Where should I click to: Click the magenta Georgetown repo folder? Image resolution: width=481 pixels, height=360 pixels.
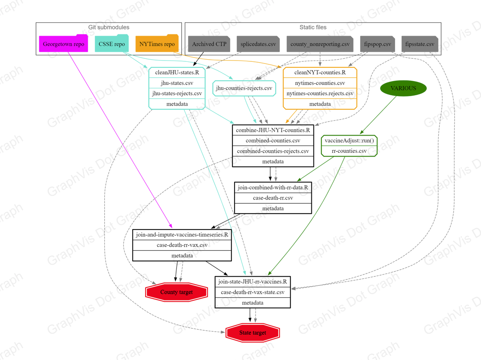tap(64, 43)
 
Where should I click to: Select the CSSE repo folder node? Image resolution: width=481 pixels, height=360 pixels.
tap(112, 43)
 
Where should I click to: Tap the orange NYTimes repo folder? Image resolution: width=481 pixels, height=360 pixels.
tap(157, 43)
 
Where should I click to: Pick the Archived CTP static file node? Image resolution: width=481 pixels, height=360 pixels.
tap(209, 44)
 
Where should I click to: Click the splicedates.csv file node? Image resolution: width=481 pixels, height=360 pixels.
tap(258, 44)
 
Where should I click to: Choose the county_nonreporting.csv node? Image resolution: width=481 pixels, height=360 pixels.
tap(320, 44)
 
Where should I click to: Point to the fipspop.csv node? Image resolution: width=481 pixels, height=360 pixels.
tap(377, 44)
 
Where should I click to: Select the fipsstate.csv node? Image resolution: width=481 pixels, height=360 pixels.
tap(420, 44)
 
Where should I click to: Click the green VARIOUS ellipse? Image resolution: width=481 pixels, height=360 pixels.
tap(403, 88)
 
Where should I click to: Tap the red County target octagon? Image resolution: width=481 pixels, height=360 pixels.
tap(177, 292)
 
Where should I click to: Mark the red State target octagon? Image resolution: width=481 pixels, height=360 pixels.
tap(253, 333)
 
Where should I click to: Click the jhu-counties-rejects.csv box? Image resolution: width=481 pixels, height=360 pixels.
tap(244, 88)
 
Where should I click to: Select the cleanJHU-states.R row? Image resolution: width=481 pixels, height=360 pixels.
tap(177, 73)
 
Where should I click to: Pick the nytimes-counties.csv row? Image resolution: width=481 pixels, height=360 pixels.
tap(320, 83)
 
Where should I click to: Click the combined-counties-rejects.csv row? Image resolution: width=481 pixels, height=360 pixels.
tap(273, 151)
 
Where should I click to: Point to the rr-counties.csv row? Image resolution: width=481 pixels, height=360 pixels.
tap(349, 151)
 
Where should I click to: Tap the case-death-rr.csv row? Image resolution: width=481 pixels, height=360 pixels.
tap(273, 198)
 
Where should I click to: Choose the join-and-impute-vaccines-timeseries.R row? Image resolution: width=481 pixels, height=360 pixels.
tap(182, 235)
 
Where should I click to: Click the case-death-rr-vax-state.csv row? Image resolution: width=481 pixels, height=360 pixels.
tap(253, 292)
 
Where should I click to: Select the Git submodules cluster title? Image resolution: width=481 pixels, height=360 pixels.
tap(109, 27)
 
